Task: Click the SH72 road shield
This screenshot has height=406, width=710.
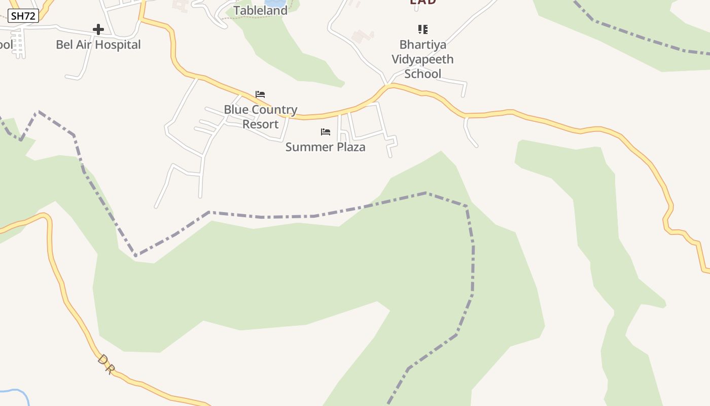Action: [23, 16]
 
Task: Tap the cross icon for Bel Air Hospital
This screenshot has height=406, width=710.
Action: [98, 29]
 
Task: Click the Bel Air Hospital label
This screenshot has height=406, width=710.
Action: [98, 45]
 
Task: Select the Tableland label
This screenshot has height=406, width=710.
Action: [260, 10]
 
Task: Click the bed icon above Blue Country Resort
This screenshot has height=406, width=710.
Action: [260, 94]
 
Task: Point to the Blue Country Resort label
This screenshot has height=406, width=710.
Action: [260, 117]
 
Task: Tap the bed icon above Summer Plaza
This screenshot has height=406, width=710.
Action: [326, 132]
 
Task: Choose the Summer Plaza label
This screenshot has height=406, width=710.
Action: [325, 147]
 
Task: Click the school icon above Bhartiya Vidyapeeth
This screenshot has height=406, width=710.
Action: [422, 29]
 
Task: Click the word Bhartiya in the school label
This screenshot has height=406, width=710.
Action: [422, 45]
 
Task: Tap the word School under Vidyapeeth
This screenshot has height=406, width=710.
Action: [422, 74]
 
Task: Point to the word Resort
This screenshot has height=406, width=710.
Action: [260, 124]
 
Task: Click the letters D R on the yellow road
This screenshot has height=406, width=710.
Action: [105, 364]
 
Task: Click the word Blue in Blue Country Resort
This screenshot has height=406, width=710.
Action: [236, 110]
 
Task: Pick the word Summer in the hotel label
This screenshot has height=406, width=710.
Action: [308, 147]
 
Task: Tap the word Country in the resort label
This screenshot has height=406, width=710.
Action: [274, 110]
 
